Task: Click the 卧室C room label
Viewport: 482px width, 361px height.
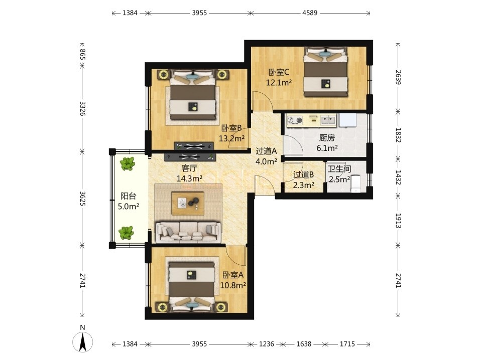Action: click(x=279, y=72)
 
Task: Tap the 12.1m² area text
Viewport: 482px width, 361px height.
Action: click(x=279, y=83)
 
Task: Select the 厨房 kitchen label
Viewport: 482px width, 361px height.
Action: click(x=327, y=138)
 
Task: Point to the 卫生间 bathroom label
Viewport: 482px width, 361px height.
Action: click(x=339, y=169)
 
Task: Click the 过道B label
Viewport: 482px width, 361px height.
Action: click(x=304, y=174)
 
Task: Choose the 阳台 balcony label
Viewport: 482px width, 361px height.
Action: click(x=129, y=196)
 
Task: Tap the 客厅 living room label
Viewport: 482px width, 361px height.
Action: click(x=189, y=168)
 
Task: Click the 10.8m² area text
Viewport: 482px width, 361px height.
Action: click(x=233, y=285)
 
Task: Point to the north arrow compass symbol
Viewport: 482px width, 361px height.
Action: click(x=82, y=341)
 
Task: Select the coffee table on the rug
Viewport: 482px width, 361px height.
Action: click(x=188, y=203)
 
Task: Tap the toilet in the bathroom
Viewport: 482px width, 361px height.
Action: click(x=356, y=184)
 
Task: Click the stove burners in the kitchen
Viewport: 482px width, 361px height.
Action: click(x=294, y=121)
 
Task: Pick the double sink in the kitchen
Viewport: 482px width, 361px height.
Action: click(x=328, y=120)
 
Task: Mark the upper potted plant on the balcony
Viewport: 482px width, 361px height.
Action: click(x=128, y=163)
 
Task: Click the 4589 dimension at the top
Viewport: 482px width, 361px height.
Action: click(x=310, y=13)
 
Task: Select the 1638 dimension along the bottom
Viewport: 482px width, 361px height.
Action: click(x=304, y=344)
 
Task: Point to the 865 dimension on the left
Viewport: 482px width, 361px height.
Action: click(x=82, y=54)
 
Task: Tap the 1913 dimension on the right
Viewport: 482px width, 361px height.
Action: click(x=398, y=221)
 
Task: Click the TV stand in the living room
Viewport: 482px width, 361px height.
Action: click(x=190, y=157)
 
